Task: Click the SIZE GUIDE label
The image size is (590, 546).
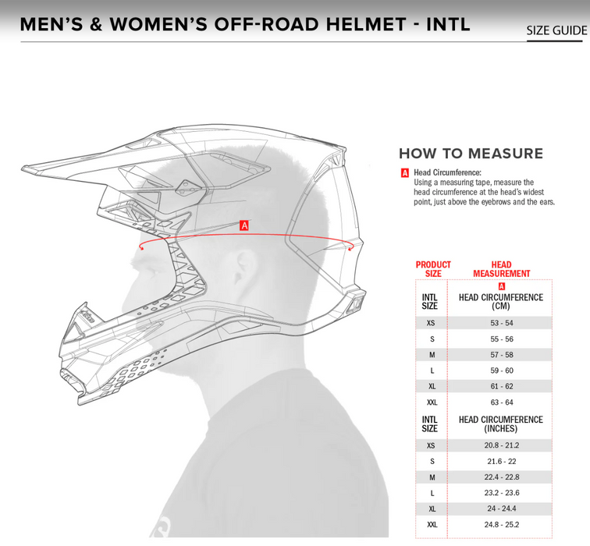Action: [556, 30]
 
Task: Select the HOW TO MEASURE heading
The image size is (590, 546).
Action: [471, 154]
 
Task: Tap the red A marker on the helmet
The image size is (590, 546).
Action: [244, 225]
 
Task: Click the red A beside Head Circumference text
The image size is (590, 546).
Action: [405, 173]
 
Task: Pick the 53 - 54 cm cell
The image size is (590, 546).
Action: [501, 323]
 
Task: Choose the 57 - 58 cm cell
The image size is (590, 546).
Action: [501, 355]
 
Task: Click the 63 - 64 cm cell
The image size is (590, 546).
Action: [501, 402]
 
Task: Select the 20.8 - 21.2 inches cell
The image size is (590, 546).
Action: [501, 445]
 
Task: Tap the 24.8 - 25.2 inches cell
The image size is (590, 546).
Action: [501, 524]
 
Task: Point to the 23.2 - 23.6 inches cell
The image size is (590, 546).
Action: [501, 493]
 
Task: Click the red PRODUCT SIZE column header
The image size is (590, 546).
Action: [433, 269]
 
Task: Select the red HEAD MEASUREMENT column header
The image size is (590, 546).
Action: [501, 269]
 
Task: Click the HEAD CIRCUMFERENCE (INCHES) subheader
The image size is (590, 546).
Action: [501, 424]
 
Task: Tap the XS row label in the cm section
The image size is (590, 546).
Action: [432, 323]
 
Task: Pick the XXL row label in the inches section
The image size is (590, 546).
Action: [432, 524]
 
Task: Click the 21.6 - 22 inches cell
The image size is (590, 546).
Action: [501, 462]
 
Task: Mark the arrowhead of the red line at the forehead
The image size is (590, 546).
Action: [140, 248]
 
